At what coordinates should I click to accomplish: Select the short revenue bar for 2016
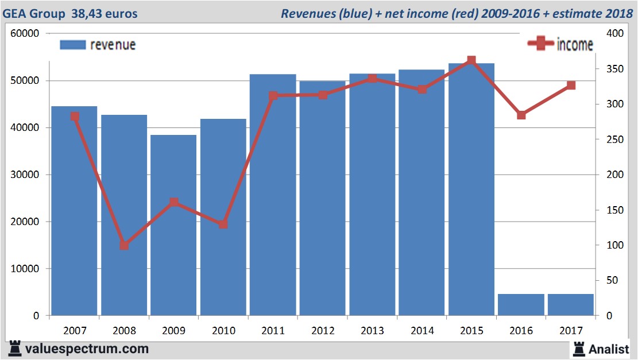point(521,304)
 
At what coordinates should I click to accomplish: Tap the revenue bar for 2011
point(273,195)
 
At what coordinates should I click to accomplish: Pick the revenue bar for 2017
point(570,304)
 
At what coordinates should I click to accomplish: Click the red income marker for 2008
point(124,245)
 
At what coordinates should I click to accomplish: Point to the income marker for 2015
point(471,60)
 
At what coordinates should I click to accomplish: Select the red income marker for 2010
point(223,224)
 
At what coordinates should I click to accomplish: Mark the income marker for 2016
point(521,115)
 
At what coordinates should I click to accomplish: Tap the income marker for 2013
point(372,78)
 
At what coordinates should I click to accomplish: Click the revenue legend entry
point(98,45)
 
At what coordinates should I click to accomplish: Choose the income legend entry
point(560,44)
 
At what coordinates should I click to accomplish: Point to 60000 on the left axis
point(25,33)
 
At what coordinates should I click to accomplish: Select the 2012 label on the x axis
point(322,331)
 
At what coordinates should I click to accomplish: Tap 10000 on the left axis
point(25,269)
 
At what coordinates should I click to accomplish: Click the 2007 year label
point(75,331)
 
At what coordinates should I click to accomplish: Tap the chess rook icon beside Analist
point(578,348)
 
